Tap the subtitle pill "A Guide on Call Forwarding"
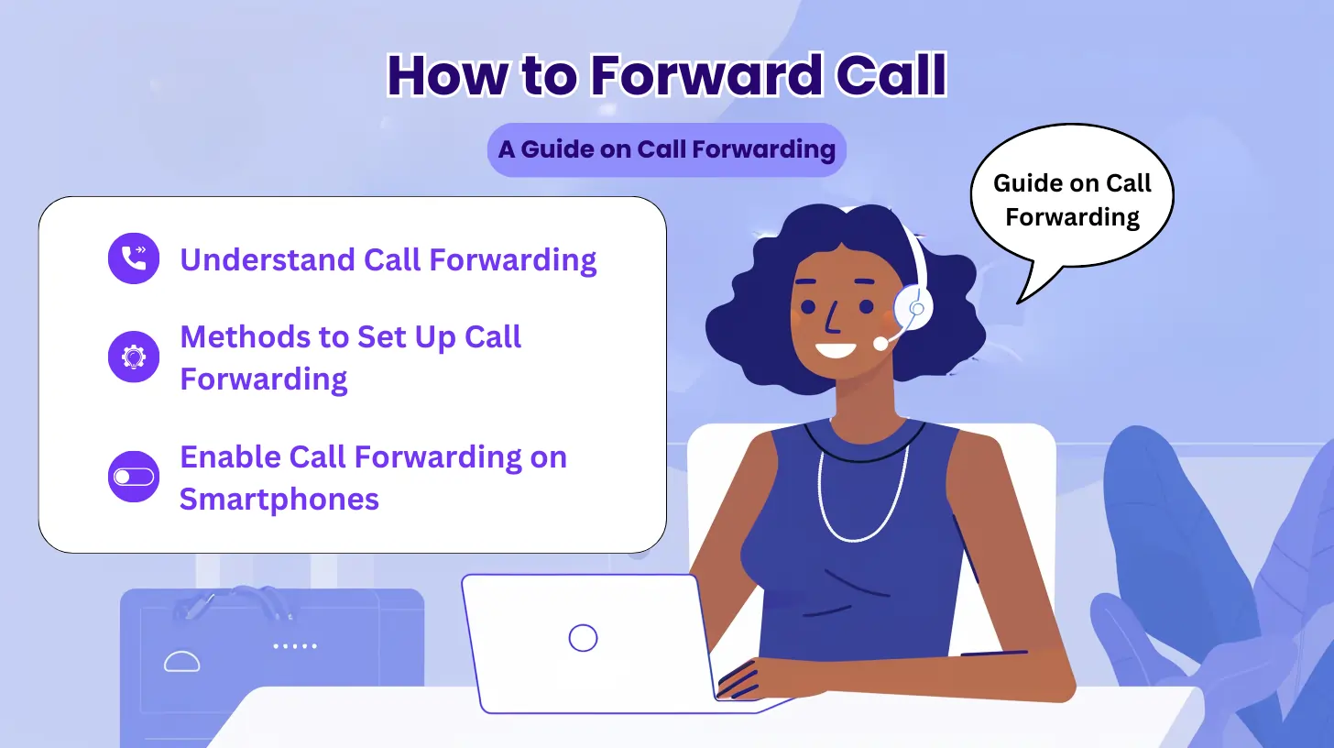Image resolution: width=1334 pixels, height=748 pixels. click(666, 149)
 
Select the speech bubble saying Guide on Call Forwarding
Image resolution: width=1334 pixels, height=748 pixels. click(1071, 201)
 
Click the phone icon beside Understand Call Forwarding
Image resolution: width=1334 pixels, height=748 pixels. click(134, 258)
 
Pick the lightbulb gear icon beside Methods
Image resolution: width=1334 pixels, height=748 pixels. click(134, 357)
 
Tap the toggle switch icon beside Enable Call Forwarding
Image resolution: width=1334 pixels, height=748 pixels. click(134, 477)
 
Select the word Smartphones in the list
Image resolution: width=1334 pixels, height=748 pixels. click(279, 500)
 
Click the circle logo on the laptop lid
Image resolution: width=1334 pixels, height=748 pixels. click(583, 637)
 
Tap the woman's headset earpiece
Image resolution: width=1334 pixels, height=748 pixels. click(913, 306)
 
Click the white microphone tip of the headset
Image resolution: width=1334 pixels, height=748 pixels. click(880, 343)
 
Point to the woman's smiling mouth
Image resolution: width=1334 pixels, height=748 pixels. click(836, 349)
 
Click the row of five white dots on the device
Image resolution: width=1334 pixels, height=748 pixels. click(295, 646)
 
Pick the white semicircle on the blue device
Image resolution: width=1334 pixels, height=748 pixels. click(181, 661)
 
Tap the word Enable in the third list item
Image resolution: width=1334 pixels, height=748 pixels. click(230, 457)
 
